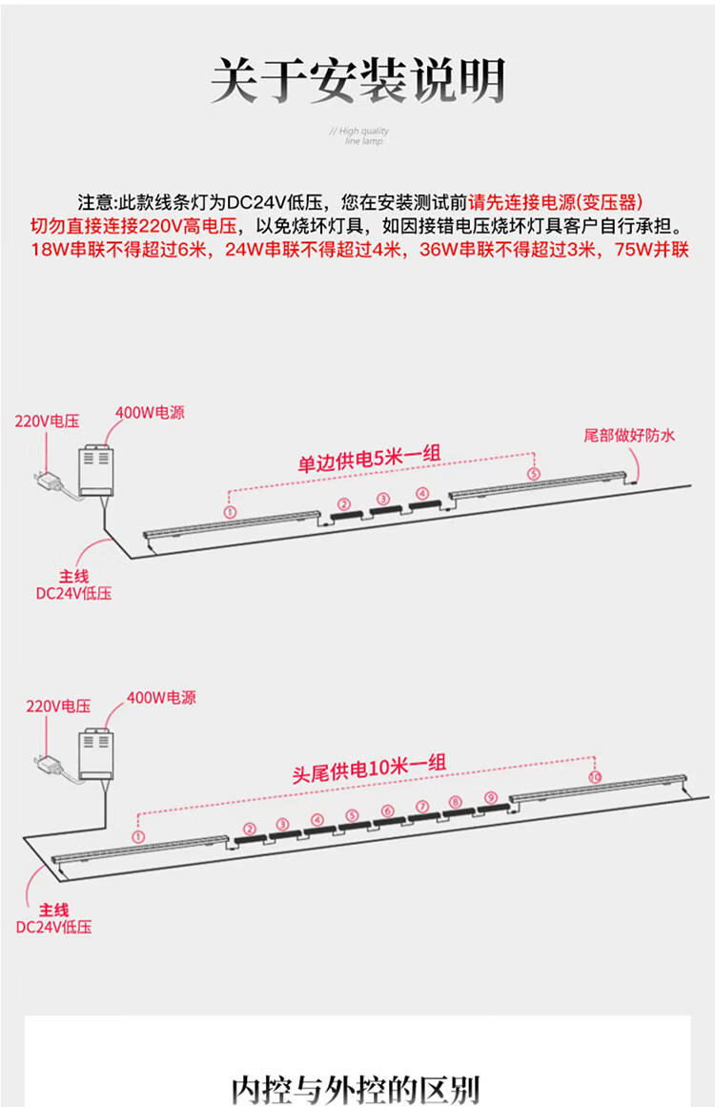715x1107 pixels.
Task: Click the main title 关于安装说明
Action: [357, 81]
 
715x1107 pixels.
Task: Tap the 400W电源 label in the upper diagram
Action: [150, 413]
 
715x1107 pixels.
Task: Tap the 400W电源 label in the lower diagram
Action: [161, 698]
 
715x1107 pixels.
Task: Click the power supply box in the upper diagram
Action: [97, 468]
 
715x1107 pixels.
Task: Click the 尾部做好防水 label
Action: [629, 436]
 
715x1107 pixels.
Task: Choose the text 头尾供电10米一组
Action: [368, 768]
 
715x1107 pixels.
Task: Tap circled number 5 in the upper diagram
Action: [533, 473]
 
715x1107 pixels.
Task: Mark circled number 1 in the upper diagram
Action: [230, 511]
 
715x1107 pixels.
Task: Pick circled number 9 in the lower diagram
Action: [490, 797]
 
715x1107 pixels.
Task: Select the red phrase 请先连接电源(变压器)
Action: [556, 202]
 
